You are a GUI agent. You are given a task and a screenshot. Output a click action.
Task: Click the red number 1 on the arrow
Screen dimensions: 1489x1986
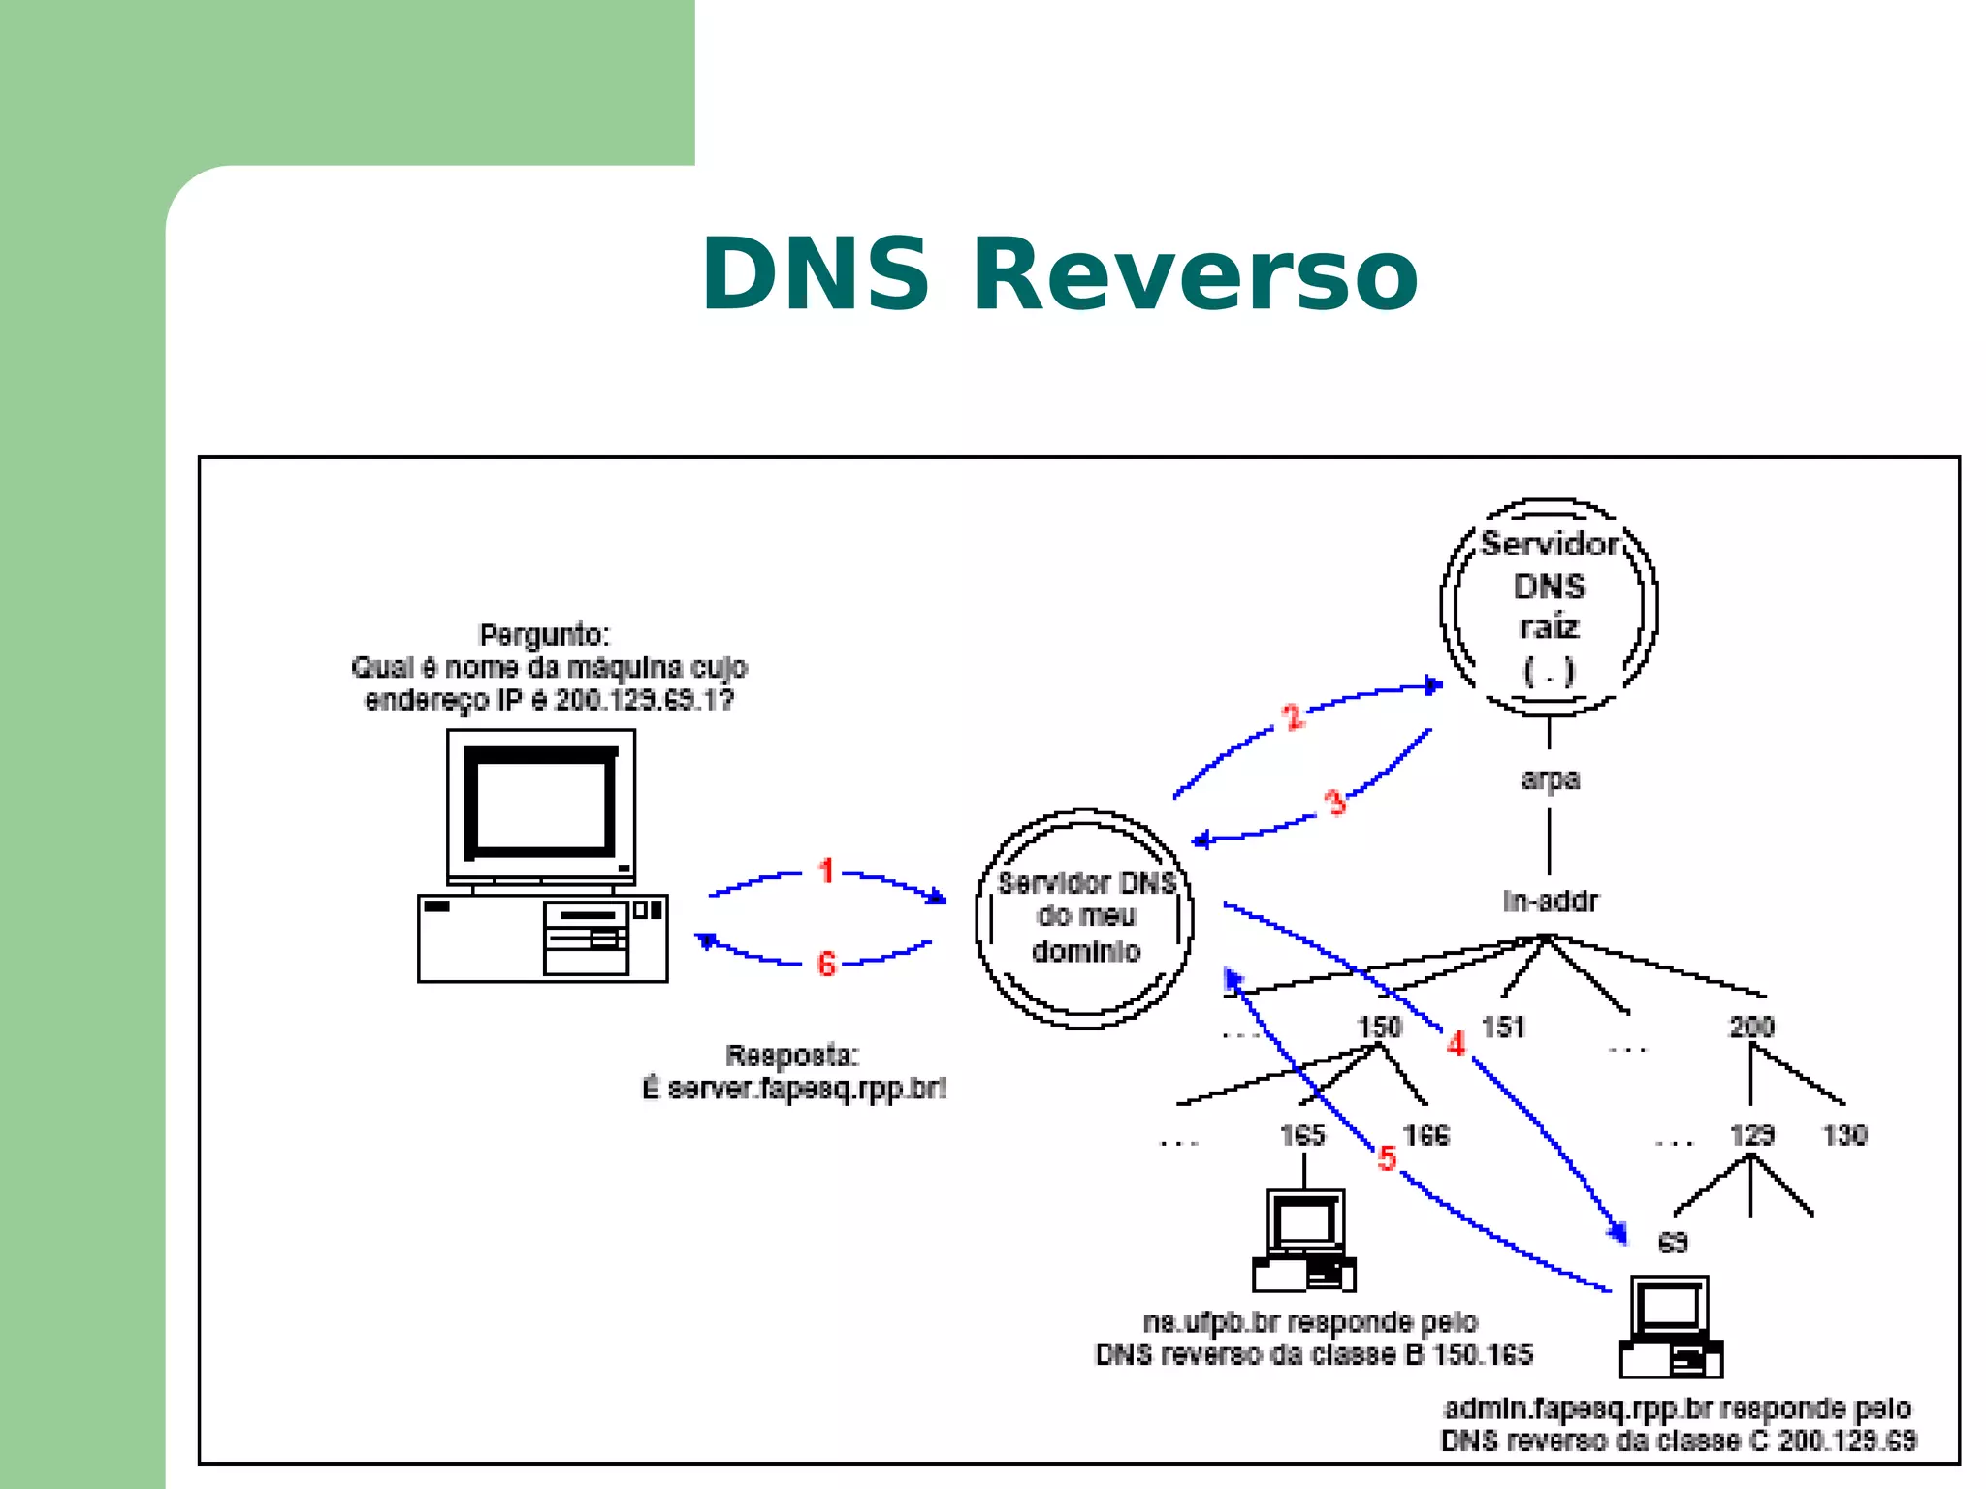point(826,871)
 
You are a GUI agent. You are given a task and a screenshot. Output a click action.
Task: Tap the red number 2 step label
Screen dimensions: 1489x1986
point(1293,717)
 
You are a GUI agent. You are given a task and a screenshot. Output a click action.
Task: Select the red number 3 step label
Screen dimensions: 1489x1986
point(1335,802)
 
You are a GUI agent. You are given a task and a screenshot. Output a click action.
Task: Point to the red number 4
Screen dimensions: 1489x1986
point(1456,1044)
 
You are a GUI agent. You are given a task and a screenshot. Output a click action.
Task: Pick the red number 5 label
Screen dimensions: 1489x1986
point(1387,1157)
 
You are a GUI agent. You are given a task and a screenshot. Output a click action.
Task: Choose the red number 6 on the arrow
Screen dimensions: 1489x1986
point(826,964)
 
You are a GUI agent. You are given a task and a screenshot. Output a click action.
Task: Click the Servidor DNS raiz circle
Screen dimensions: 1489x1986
point(1549,607)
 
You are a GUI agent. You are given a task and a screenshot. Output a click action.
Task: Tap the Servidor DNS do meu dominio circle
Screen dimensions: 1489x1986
point(1085,917)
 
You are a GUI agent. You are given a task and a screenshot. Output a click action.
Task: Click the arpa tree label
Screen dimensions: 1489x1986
point(1550,778)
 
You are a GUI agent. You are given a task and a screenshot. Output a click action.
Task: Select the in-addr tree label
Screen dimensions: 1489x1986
point(1550,902)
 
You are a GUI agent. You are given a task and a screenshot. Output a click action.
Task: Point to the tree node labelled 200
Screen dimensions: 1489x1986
point(1751,1027)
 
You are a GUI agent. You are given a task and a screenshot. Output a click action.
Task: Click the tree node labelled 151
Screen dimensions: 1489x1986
point(1504,1027)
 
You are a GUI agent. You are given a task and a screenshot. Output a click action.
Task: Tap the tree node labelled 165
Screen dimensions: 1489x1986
point(1302,1134)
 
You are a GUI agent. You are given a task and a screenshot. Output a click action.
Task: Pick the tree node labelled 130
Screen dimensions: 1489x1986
point(1844,1134)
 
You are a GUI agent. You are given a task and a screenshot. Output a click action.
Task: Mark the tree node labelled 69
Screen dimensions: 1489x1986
point(1673,1242)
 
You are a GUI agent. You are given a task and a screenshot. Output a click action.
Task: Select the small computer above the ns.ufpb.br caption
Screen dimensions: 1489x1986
point(1304,1241)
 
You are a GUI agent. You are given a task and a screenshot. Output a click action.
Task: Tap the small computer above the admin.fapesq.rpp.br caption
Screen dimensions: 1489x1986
point(1671,1326)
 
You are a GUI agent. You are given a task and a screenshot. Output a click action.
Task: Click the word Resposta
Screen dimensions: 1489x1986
point(791,1056)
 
